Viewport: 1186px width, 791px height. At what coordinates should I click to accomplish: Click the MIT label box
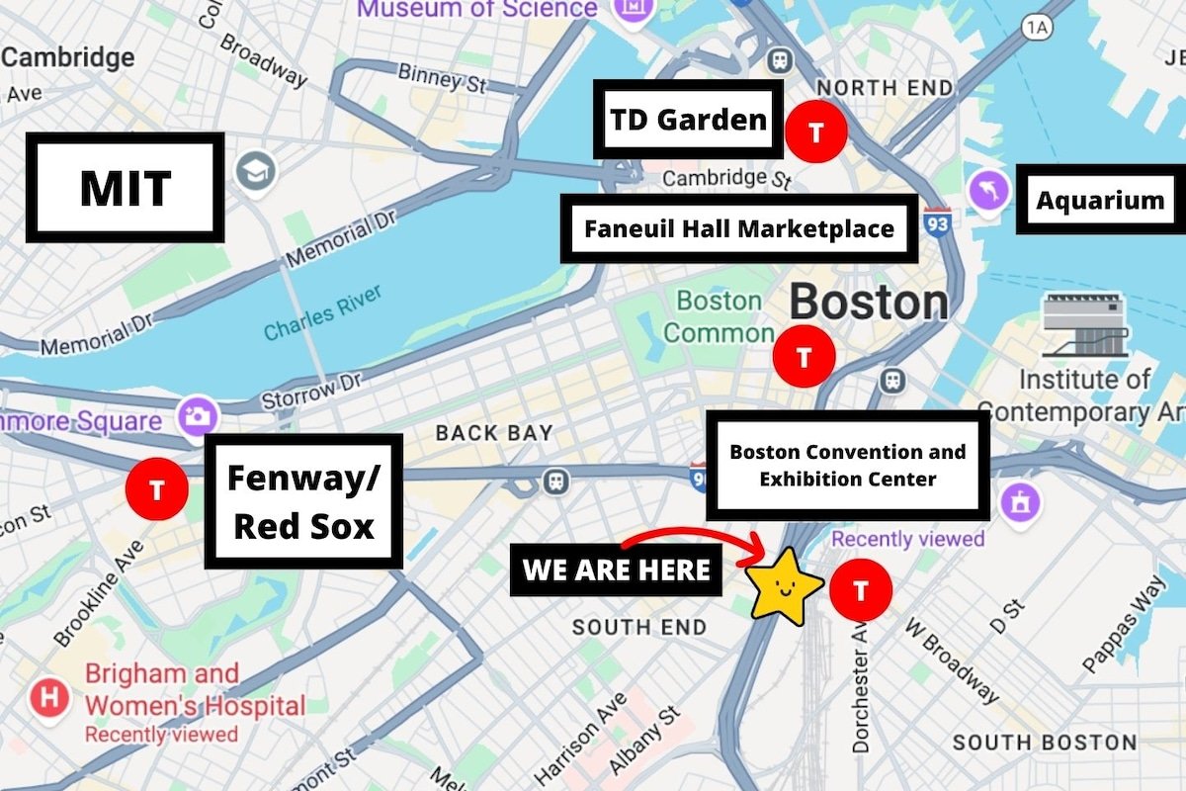point(124,188)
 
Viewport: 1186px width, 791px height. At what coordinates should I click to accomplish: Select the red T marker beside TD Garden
point(816,130)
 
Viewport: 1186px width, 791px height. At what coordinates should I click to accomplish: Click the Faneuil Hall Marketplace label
point(739,228)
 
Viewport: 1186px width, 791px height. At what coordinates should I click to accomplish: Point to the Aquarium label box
point(1100,200)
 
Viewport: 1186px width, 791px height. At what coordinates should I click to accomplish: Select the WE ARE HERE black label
point(616,570)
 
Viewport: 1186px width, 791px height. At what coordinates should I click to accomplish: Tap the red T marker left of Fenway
point(157,488)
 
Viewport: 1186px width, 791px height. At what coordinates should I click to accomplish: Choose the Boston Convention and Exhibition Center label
point(848,466)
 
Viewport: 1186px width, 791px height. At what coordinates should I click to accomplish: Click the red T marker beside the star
point(861,590)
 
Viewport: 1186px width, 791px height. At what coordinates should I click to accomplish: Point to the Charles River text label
point(323,311)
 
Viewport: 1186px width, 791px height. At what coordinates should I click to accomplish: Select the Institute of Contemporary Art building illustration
point(1085,325)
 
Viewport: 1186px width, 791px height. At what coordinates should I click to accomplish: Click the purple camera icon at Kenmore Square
point(198,415)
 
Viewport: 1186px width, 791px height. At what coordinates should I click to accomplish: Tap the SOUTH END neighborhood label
point(639,627)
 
